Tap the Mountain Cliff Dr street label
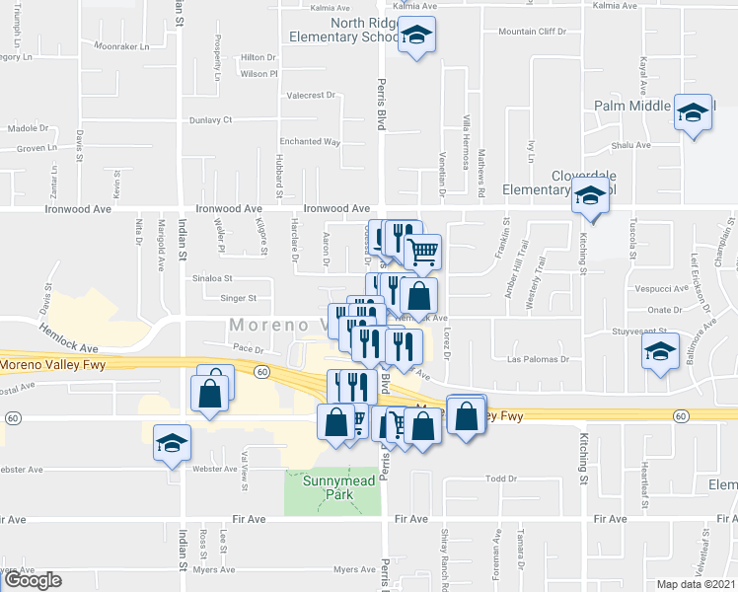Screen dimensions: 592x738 point(533,32)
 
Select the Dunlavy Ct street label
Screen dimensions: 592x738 point(210,120)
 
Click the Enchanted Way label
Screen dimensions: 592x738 point(309,142)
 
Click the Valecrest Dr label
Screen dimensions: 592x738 point(311,96)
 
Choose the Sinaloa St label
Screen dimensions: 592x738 point(211,279)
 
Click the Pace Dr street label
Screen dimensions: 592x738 point(249,349)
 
